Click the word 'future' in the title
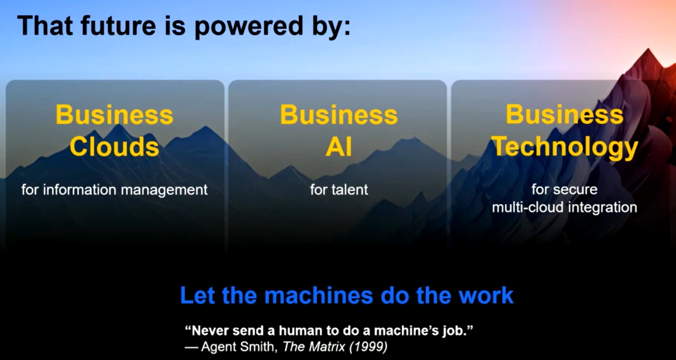click(118, 25)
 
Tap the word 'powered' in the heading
click(248, 27)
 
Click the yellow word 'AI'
click(339, 147)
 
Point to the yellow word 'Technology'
click(564, 148)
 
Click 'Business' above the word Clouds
click(114, 115)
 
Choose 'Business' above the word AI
click(339, 115)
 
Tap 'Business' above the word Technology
click(564, 114)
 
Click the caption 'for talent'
click(339, 190)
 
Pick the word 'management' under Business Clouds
click(164, 191)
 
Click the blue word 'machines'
click(319, 295)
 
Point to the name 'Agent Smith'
click(239, 347)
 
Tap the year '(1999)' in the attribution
click(369, 347)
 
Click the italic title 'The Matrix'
click(314, 347)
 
